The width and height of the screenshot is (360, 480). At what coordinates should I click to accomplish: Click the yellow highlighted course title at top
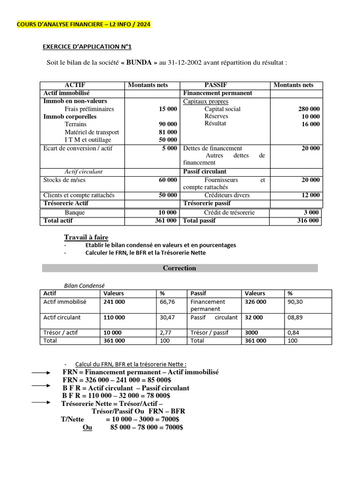(x=84, y=24)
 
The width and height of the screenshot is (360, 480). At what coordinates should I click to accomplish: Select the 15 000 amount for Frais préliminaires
(x=168, y=109)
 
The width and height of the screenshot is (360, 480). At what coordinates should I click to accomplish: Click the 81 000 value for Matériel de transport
(x=168, y=132)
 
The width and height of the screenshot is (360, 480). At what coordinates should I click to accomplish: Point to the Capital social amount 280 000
(x=309, y=109)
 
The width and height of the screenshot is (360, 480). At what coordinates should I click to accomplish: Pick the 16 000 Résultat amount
(x=311, y=124)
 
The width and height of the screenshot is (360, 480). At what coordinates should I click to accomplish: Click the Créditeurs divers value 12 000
(x=311, y=195)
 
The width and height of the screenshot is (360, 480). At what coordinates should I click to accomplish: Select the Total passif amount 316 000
(x=307, y=220)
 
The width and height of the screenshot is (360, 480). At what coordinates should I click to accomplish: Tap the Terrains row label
(x=76, y=124)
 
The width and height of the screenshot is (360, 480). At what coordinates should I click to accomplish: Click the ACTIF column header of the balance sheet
(x=75, y=85)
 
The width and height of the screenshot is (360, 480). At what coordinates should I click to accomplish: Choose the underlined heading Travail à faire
(x=86, y=237)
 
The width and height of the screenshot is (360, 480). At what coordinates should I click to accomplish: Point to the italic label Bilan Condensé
(x=84, y=285)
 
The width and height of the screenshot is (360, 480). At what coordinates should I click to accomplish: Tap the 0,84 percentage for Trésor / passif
(x=293, y=332)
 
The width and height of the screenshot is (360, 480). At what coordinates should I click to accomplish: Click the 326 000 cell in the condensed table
(x=255, y=302)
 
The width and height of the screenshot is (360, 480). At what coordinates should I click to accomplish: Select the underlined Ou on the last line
(x=87, y=427)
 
